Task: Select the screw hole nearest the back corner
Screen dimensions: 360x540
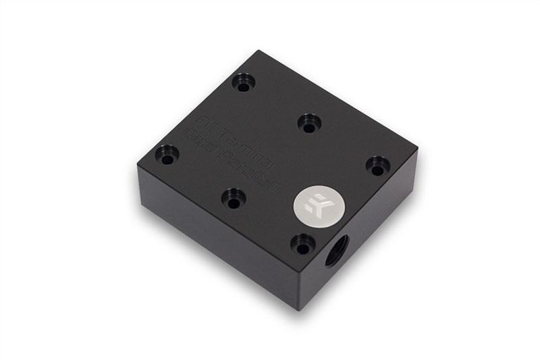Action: coord(244,84)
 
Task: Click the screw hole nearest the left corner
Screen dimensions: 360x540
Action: coord(166,156)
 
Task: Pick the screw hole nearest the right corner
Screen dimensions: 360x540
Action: coord(378,165)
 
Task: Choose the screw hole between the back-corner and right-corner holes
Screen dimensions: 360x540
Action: coord(309,124)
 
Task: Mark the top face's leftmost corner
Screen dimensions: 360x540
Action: coord(140,167)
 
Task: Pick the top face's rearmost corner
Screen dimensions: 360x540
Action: coord(256,51)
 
